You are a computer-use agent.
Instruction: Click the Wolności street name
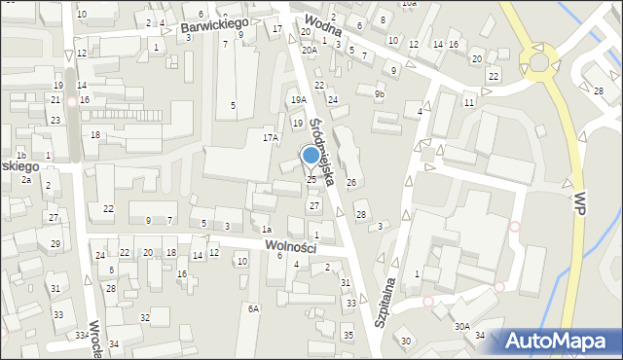coord(290,247)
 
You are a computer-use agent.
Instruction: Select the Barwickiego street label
coord(215,24)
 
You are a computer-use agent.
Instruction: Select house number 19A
coord(298,99)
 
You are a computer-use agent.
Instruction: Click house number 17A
coord(270,138)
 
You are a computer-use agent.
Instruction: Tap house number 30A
coord(461,327)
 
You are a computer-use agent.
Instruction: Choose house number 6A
coord(253,308)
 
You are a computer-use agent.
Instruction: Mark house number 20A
coord(308,50)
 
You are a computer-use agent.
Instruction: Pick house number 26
coord(351,183)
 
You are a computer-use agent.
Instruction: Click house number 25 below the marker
coord(311,179)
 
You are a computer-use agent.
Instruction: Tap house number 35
coord(348,335)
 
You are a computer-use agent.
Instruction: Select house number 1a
coord(266,229)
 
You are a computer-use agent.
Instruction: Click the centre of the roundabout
coord(538,62)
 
